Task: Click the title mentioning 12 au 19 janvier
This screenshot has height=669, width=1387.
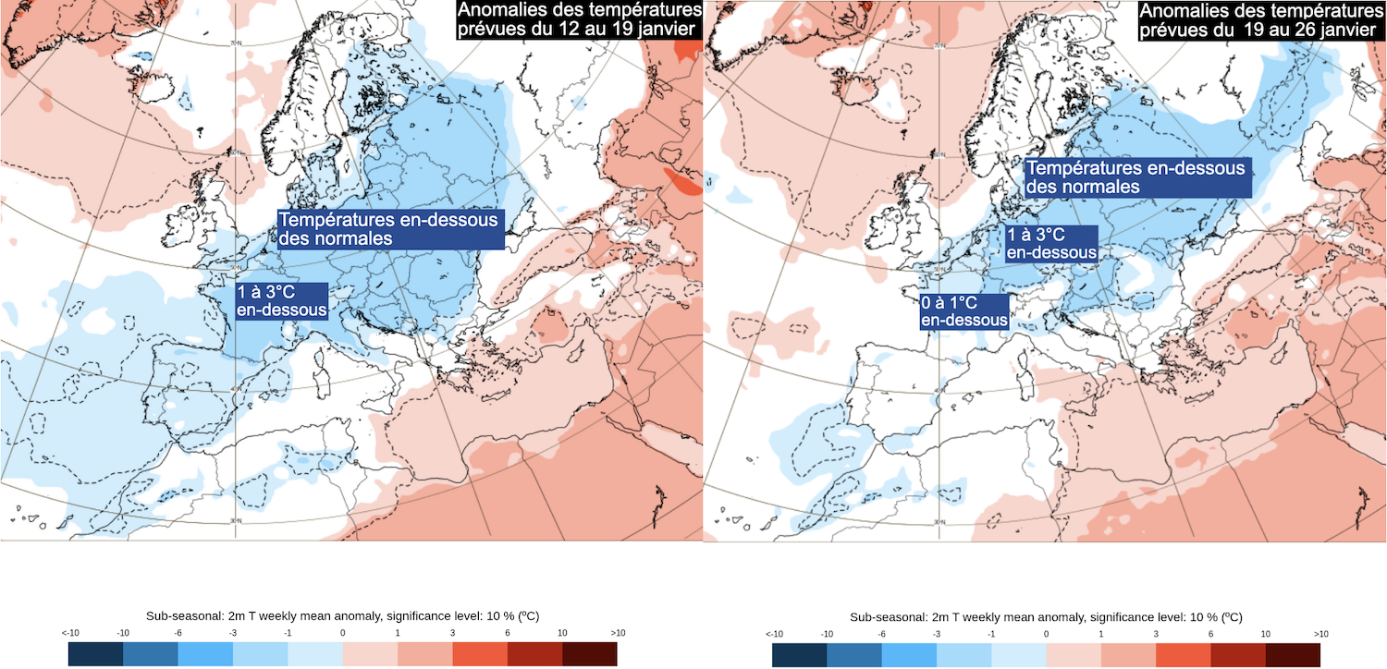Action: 579,19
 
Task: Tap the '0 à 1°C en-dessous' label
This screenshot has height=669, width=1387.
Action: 964,311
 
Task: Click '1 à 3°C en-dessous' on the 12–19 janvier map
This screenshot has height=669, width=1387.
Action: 282,300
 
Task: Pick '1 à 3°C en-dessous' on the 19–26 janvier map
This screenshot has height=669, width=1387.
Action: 1051,243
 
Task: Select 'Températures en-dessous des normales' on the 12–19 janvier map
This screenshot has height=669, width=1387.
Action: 389,229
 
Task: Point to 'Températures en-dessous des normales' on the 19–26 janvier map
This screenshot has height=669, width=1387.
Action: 1137,176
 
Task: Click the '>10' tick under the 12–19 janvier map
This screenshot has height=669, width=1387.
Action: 617,633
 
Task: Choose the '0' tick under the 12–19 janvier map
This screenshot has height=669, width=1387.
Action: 342,633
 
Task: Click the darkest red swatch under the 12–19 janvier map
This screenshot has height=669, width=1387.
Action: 589,654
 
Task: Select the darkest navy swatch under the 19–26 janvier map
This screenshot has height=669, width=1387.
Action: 800,654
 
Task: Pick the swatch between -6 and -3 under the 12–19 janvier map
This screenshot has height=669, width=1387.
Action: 205,654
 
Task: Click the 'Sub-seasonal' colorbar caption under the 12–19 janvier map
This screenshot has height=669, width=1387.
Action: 342,616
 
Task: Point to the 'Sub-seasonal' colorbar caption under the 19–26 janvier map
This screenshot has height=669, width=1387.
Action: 1046,616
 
